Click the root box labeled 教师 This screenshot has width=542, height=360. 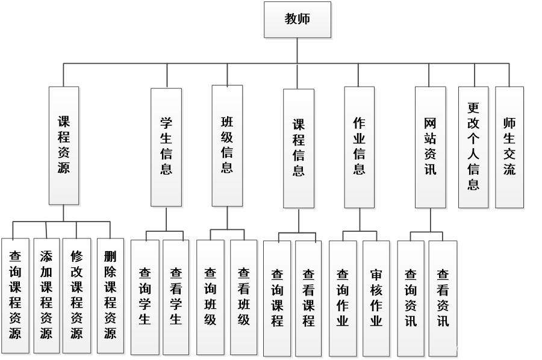pos(297,19)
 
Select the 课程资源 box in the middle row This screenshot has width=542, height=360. pos(64,146)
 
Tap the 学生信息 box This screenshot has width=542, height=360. pos(166,147)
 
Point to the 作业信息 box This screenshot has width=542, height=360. pos(359,147)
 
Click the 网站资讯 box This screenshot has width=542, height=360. pos(430,147)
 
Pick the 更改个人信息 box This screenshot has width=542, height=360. pos(473,147)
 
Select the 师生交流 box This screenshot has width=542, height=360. pos(509,147)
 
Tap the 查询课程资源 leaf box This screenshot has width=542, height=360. pos(15,295)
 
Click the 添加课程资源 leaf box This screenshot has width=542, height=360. pos(46,295)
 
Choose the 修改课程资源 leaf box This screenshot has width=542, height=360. pos(76,295)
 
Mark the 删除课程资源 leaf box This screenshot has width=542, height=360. pos(110,295)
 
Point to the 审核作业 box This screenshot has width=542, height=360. pos(376,297)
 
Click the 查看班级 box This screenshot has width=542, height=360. pos(243,297)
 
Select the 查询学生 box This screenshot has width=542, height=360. pos(145,297)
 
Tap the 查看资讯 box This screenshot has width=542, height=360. pos(443,297)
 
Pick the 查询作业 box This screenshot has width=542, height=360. pos(342,297)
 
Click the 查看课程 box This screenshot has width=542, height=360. pos(308,297)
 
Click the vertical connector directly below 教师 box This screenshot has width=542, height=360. pos(297,51)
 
